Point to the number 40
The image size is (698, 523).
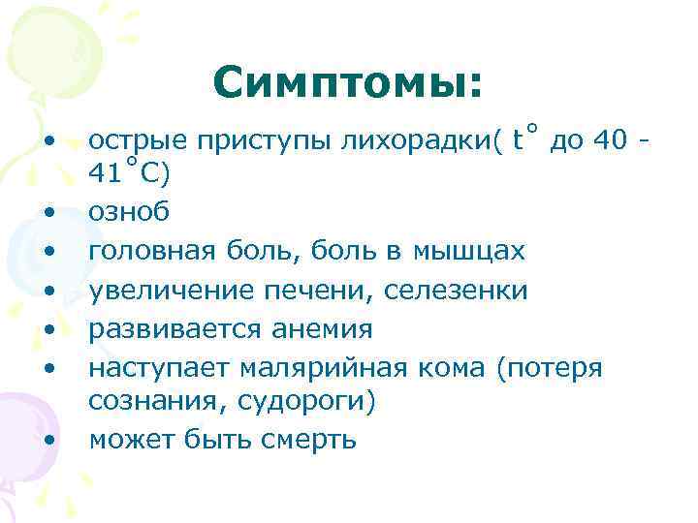(x=610, y=141)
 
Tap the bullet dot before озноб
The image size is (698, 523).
(x=48, y=212)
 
